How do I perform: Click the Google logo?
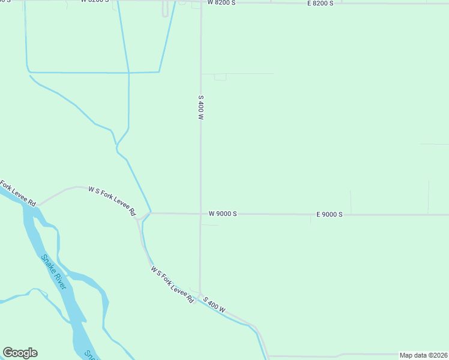20,353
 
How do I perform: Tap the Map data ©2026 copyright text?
423,355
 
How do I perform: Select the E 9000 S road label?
330,214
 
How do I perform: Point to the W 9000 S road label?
223,214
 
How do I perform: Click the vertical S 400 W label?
201,109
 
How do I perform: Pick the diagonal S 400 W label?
214,305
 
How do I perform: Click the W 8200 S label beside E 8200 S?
221,3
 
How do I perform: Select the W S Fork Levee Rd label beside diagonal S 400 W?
172,285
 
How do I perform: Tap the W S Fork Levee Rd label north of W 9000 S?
112,200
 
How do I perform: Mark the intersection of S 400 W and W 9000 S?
200,214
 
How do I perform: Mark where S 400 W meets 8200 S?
200,2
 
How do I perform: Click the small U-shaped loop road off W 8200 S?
164,10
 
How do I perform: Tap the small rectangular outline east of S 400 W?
220,77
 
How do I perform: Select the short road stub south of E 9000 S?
310,219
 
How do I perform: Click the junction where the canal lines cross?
128,73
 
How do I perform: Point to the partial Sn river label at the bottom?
90,355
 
